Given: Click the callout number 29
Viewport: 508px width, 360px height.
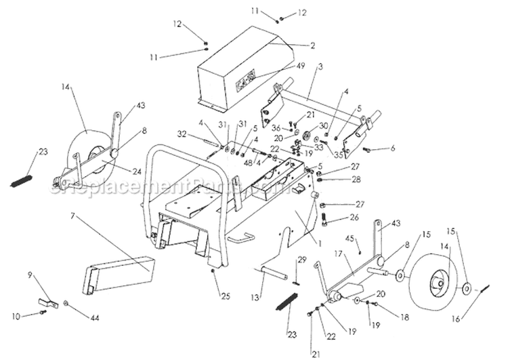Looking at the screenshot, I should pyautogui.click(x=302, y=260).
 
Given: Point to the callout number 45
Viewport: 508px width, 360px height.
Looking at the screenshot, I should pyautogui.click(x=370, y=238).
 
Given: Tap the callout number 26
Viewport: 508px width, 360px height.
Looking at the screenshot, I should pyautogui.click(x=353, y=218).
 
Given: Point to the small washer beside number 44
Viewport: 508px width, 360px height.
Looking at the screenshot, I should pyautogui.click(x=66, y=302).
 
